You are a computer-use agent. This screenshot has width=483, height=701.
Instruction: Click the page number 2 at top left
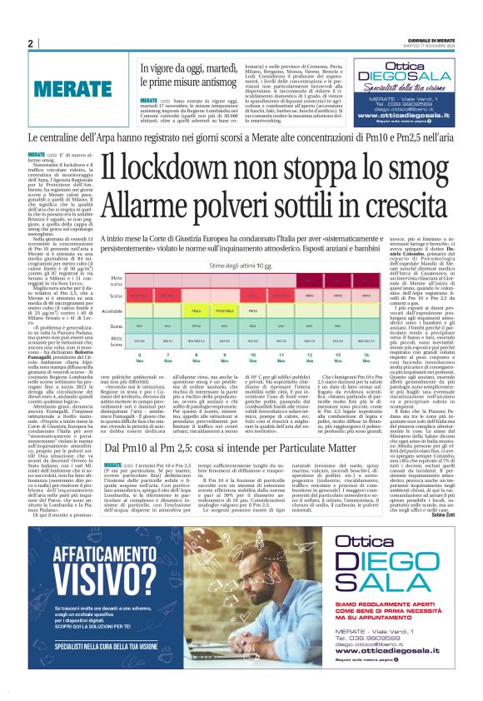point(30,44)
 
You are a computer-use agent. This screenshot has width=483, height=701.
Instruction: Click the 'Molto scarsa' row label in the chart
point(116,256)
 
